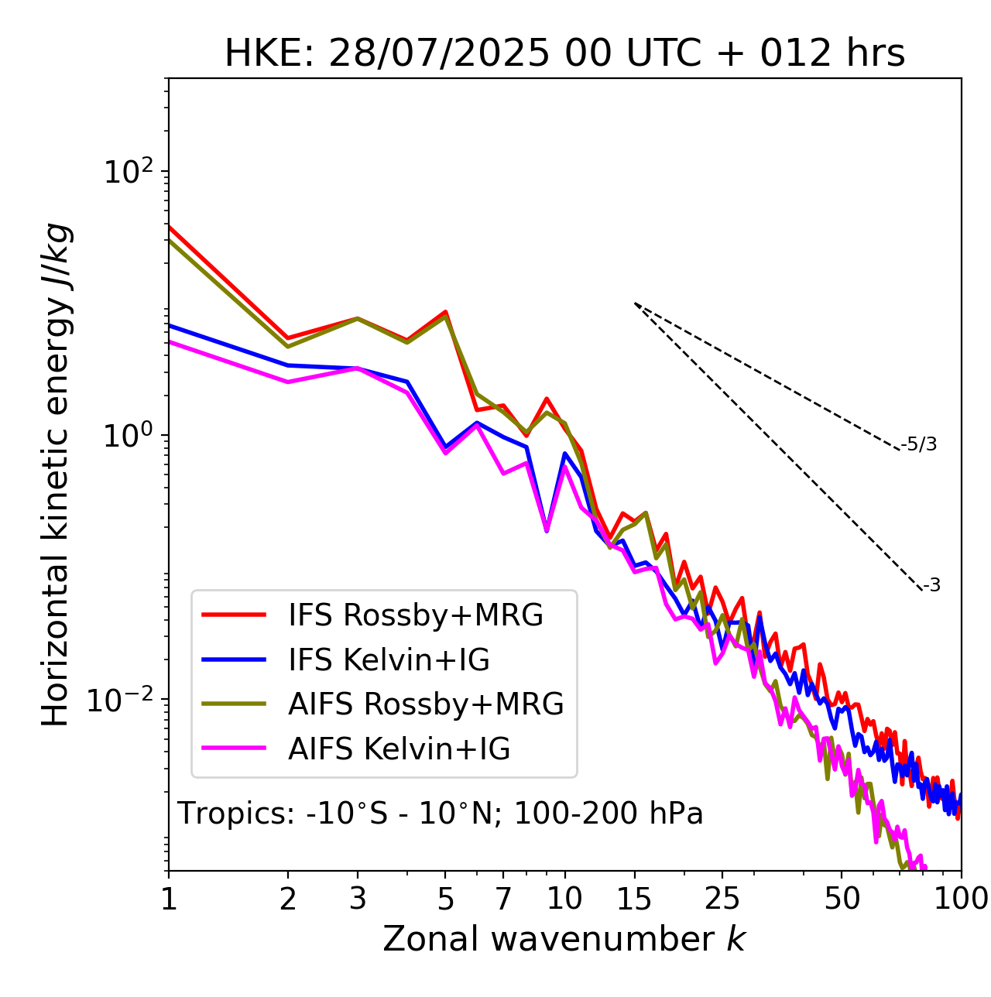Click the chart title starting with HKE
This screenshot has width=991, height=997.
564,54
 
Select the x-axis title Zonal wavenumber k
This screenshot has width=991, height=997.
564,939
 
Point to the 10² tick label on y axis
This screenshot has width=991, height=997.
127,171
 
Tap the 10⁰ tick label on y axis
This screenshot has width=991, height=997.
127,436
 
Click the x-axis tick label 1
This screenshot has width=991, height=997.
169,899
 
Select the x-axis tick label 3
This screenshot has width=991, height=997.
358,899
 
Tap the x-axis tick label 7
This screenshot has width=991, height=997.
503,899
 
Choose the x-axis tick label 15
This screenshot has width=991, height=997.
634,899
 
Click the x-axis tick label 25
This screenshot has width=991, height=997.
722,899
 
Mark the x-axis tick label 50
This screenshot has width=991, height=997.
842,899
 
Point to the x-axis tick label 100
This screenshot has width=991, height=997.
961,899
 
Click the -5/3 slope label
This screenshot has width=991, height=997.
919,445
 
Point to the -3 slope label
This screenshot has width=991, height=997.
932,586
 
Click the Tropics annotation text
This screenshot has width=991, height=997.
440,814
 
